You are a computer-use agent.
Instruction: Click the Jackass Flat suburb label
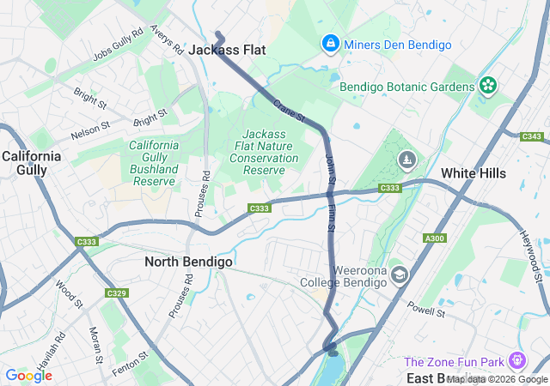[x=227, y=50]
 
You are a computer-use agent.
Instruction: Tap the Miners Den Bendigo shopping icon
[x=330, y=43]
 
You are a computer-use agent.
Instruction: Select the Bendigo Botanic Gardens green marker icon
[x=487, y=86]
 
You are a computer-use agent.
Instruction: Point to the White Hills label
[x=474, y=173]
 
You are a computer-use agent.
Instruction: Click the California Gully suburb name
[x=32, y=163]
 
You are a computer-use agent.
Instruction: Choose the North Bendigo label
[x=187, y=262]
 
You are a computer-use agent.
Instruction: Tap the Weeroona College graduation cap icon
[x=398, y=275]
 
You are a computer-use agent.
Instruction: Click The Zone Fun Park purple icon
[x=517, y=360]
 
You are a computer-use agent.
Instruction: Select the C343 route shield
[x=533, y=136]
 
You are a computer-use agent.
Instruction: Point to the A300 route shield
[x=435, y=238]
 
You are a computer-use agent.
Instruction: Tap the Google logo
[x=28, y=375]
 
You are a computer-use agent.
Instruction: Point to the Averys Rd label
[x=167, y=39]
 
